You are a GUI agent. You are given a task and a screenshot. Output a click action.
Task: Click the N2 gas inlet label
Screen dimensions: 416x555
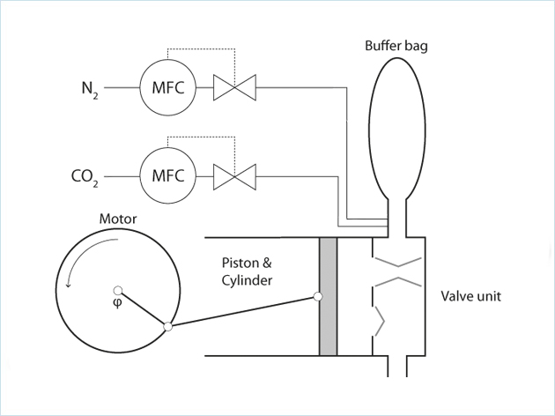[91, 88]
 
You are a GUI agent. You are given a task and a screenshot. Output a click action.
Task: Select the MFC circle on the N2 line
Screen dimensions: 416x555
[167, 87]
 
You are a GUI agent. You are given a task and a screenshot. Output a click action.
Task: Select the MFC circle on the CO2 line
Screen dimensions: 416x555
[167, 175]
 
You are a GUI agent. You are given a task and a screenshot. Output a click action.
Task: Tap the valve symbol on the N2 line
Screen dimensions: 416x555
[235, 87]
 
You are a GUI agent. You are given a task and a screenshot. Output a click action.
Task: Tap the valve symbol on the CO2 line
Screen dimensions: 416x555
[235, 175]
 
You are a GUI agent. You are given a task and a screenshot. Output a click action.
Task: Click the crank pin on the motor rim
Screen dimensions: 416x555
[167, 327]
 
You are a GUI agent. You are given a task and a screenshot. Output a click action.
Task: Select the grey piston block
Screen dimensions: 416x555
[328, 296]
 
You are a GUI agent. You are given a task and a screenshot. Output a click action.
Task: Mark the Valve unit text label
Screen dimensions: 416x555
[470, 296]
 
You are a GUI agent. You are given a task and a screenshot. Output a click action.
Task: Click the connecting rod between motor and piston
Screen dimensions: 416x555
[242, 312]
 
